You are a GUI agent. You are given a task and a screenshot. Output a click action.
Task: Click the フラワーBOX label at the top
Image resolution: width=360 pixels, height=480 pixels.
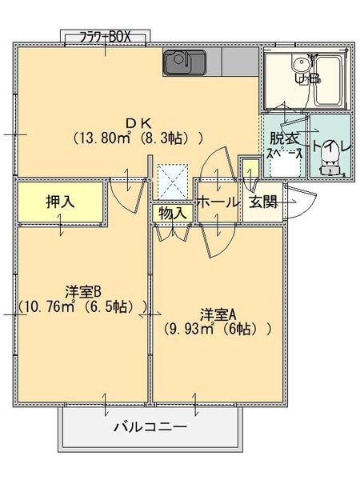click(105, 36)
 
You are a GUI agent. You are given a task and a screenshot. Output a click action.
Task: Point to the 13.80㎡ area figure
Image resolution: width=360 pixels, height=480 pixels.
click(102, 138)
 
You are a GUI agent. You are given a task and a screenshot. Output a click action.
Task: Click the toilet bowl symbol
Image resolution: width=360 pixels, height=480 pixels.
click(330, 166)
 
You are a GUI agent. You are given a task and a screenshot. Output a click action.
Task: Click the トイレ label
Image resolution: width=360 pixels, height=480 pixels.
click(330, 148)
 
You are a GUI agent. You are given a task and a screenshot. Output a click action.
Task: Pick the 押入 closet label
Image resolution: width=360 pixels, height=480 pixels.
click(59, 202)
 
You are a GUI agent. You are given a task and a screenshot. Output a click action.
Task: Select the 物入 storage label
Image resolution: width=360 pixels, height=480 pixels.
click(172, 214)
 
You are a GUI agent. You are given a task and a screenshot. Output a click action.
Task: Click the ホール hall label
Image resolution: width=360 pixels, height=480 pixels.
click(218, 202)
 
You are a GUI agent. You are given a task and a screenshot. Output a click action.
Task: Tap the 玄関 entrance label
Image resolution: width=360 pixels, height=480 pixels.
click(262, 202)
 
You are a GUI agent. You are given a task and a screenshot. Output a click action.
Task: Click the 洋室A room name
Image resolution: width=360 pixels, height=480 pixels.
click(217, 311)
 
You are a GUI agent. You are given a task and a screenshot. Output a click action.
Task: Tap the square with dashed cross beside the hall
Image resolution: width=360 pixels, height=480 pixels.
click(172, 180)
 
